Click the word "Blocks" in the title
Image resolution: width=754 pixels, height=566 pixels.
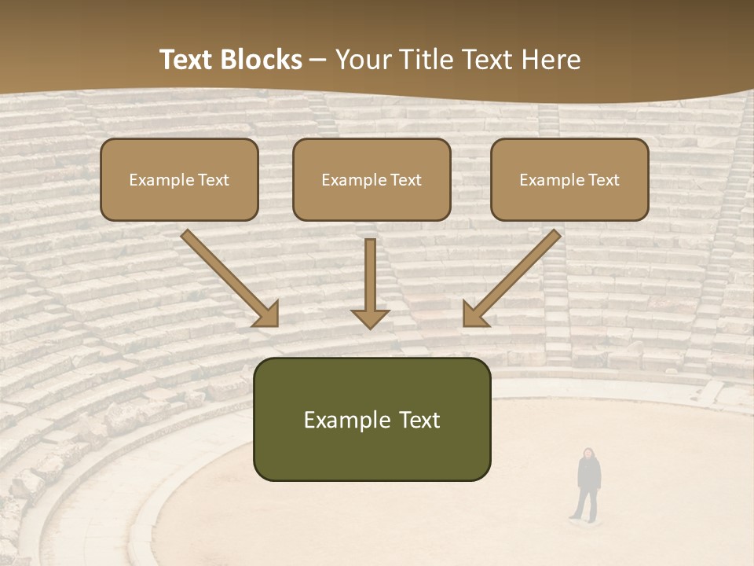(262, 60)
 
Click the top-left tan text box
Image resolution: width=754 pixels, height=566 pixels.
(179, 179)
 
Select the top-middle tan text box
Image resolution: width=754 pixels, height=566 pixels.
(372, 179)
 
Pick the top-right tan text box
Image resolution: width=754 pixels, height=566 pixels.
(569, 179)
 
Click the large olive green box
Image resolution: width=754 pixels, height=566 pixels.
(372, 419)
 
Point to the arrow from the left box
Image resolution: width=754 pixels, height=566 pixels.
(228, 277)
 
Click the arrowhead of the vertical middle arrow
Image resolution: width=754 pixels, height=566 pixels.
(370, 318)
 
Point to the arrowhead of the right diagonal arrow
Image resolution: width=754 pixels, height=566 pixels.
(475, 314)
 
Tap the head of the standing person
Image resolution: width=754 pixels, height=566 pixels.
(587, 454)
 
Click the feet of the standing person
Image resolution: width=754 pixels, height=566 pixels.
(584, 517)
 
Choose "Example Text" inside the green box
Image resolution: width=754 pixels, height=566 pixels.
(372, 420)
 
